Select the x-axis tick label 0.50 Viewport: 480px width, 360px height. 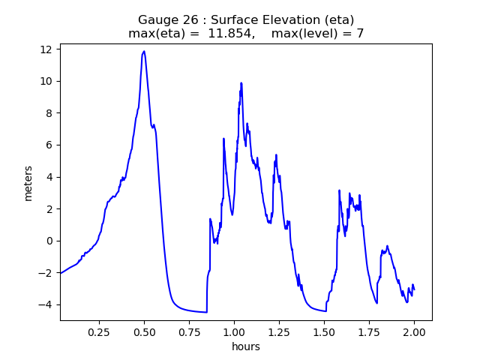coord(144,331)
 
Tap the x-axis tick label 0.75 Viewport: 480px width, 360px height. coord(189,331)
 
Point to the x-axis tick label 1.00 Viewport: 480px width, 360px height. coord(234,331)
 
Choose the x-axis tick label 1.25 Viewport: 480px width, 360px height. coord(279,331)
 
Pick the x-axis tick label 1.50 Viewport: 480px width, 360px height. coord(324,331)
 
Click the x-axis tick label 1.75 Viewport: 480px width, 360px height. coord(369,331)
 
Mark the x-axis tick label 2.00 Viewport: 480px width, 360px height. coord(414,331)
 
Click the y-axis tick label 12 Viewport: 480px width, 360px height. coord(46,49)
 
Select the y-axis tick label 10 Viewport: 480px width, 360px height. coord(46,81)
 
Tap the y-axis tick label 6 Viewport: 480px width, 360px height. coord(49,145)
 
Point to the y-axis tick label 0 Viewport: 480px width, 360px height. coord(49,241)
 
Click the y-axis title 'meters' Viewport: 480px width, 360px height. coord(28,182)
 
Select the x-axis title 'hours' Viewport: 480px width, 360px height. coord(246,346)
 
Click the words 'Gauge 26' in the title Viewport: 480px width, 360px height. coord(163,19)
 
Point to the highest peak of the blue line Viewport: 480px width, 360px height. coord(144,52)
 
